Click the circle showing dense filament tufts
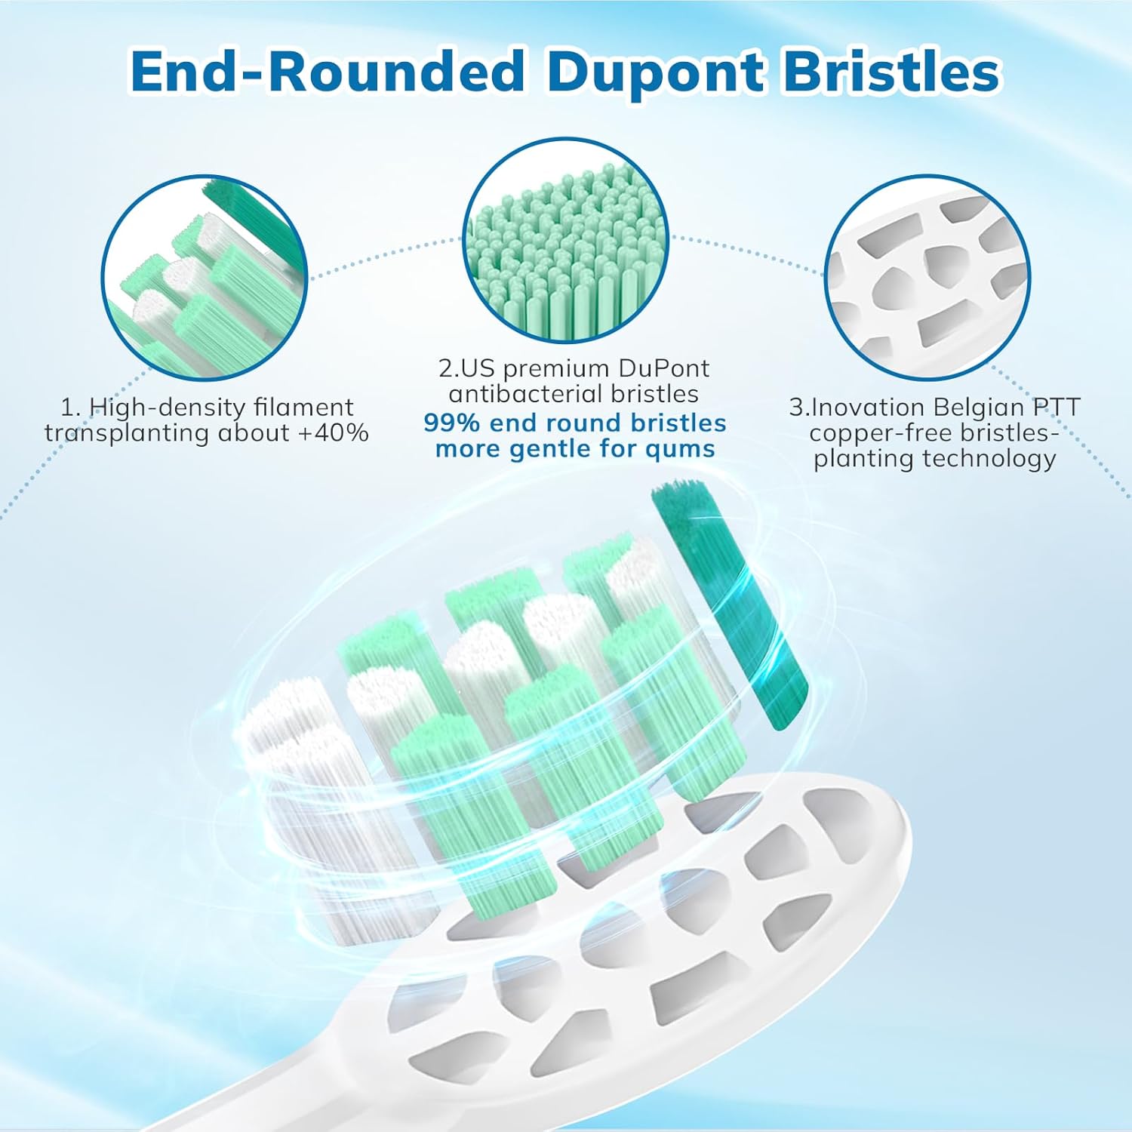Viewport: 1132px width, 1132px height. click(x=205, y=277)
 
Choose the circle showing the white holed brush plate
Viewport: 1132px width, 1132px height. click(x=927, y=277)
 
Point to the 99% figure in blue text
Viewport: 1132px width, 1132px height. click(x=451, y=423)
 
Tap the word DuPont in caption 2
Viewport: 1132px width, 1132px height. click(x=663, y=368)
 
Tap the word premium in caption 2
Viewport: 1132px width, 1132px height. click(x=556, y=368)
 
